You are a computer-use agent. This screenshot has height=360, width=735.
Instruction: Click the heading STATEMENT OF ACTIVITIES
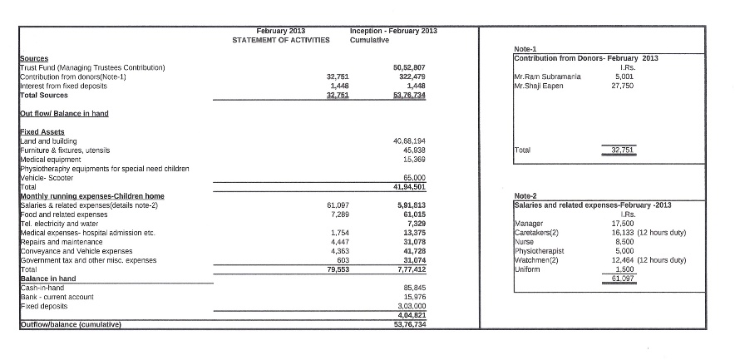(280, 39)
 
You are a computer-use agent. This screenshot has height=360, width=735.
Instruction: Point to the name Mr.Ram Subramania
(546, 76)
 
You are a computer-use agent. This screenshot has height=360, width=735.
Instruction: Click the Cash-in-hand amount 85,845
(414, 288)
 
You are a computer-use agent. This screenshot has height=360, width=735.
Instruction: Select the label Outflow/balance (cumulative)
(71, 324)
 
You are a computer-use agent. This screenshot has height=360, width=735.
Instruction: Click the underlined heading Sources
(34, 58)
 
